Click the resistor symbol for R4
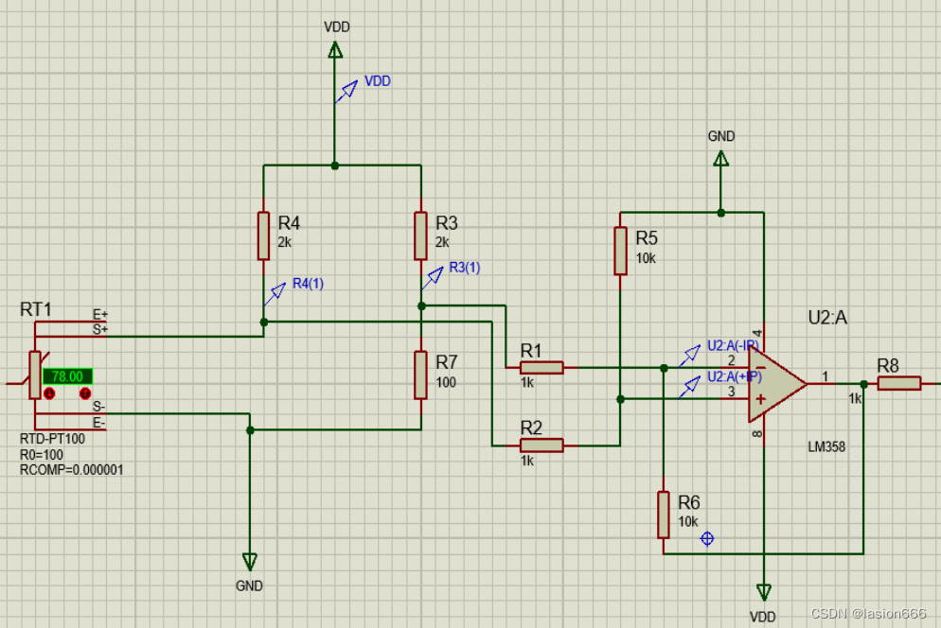point(263,235)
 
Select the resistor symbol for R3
point(421,235)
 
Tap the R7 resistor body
point(421,375)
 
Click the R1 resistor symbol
point(542,367)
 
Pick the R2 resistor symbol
point(542,445)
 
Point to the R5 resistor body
point(620,250)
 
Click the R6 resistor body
point(664,514)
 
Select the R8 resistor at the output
point(898,383)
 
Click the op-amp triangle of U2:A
point(774,384)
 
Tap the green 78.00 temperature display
point(67,375)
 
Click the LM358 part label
point(826,446)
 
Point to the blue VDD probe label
point(378,81)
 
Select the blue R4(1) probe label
point(308,283)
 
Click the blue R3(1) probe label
point(464,268)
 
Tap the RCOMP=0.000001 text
point(72,469)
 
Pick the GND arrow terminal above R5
point(721,159)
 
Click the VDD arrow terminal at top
point(334,48)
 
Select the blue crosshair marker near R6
point(706,538)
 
